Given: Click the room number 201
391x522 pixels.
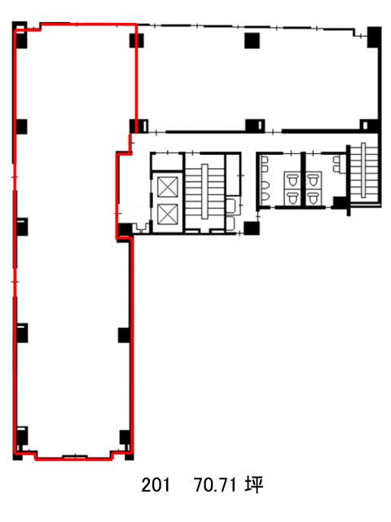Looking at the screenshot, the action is pos(156,484).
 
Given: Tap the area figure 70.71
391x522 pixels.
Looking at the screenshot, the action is pos(215,484).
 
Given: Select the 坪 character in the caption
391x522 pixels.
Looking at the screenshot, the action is pos(254,484).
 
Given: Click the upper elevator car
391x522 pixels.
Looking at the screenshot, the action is pos(168,187).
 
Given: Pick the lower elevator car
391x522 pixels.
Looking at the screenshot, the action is pos(168,214).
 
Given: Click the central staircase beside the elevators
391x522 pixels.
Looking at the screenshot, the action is pos(204,192).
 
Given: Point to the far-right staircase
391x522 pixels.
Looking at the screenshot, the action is pos(364,171).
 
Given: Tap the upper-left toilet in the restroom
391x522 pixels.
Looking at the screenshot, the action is pos(292,180).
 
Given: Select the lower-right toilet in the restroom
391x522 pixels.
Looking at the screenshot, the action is pos(313,197).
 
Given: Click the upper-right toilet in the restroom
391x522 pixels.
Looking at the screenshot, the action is pos(313,180).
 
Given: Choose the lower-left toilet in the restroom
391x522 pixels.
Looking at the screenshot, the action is pos(292,197).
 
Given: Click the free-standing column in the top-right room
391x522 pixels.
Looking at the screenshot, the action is pos(252,40).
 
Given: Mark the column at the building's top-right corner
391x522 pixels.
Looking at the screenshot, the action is pos(374,37).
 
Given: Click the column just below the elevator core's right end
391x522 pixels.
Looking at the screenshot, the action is pos(252,228).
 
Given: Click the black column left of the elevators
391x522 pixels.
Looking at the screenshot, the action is pos(125,230).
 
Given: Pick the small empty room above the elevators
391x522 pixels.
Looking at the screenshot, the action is pos(166,161).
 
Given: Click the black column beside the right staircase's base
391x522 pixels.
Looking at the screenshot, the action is pos(340,202).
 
